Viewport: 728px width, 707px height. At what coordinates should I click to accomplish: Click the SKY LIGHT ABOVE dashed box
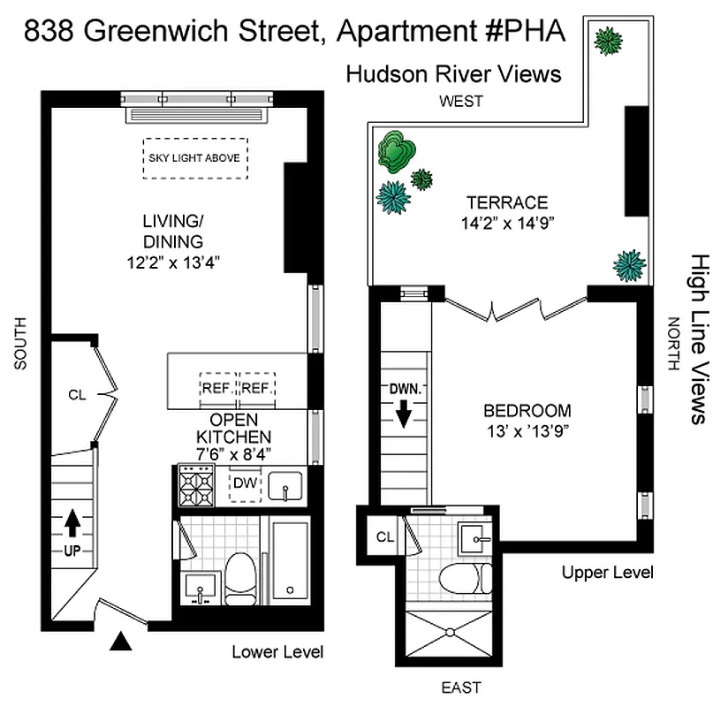pos(195,157)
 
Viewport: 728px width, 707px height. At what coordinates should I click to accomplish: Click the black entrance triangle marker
pos(119,641)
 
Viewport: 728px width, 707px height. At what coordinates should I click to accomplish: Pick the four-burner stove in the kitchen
pos(196,485)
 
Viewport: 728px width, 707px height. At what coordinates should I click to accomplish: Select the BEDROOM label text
pos(527,411)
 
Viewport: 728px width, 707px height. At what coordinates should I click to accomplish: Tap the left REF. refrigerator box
pos(217,388)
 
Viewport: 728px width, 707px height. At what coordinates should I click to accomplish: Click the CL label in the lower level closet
pos(77,395)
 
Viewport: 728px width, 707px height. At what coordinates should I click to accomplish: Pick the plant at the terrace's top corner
pos(607,40)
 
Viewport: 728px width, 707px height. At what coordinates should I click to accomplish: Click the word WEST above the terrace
pos(462,101)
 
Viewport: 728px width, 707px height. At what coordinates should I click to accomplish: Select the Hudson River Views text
pos(453,73)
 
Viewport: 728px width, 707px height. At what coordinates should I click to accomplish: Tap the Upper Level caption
pos(608,573)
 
